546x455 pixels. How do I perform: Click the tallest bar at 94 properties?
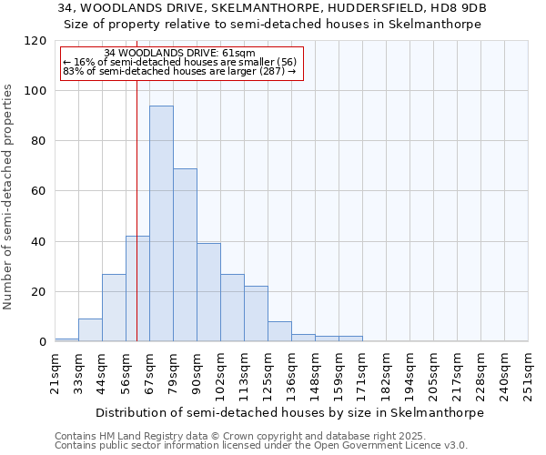point(161,224)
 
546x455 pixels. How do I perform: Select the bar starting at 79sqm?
point(185,255)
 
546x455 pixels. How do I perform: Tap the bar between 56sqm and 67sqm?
point(137,288)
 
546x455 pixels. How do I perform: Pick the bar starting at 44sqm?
point(114,308)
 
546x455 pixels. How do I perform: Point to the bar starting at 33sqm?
point(90,330)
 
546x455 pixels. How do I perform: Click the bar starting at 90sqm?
point(208,292)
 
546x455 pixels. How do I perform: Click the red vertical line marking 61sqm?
point(136,182)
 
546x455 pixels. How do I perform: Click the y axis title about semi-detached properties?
point(8,191)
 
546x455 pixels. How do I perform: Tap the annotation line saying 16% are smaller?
point(179,63)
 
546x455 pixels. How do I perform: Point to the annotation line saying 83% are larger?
point(179,72)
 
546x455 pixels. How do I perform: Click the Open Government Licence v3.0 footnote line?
point(261,446)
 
